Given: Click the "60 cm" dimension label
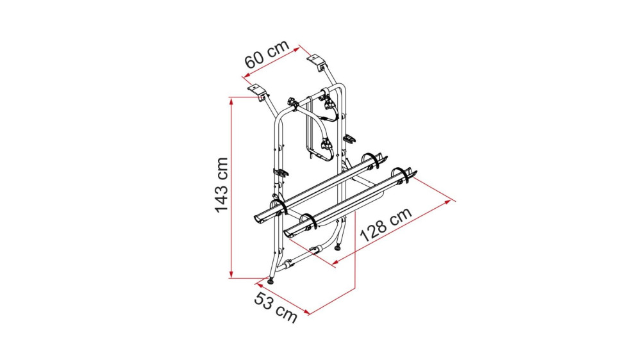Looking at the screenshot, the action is [267, 54].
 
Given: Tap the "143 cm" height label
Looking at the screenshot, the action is [221, 184].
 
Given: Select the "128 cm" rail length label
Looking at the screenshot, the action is [385, 225].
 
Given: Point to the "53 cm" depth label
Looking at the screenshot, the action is [276, 307].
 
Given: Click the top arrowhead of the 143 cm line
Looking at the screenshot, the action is [231, 100].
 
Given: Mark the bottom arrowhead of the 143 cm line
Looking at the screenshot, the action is [231, 275].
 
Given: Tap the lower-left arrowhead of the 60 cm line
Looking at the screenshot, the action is [246, 75].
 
